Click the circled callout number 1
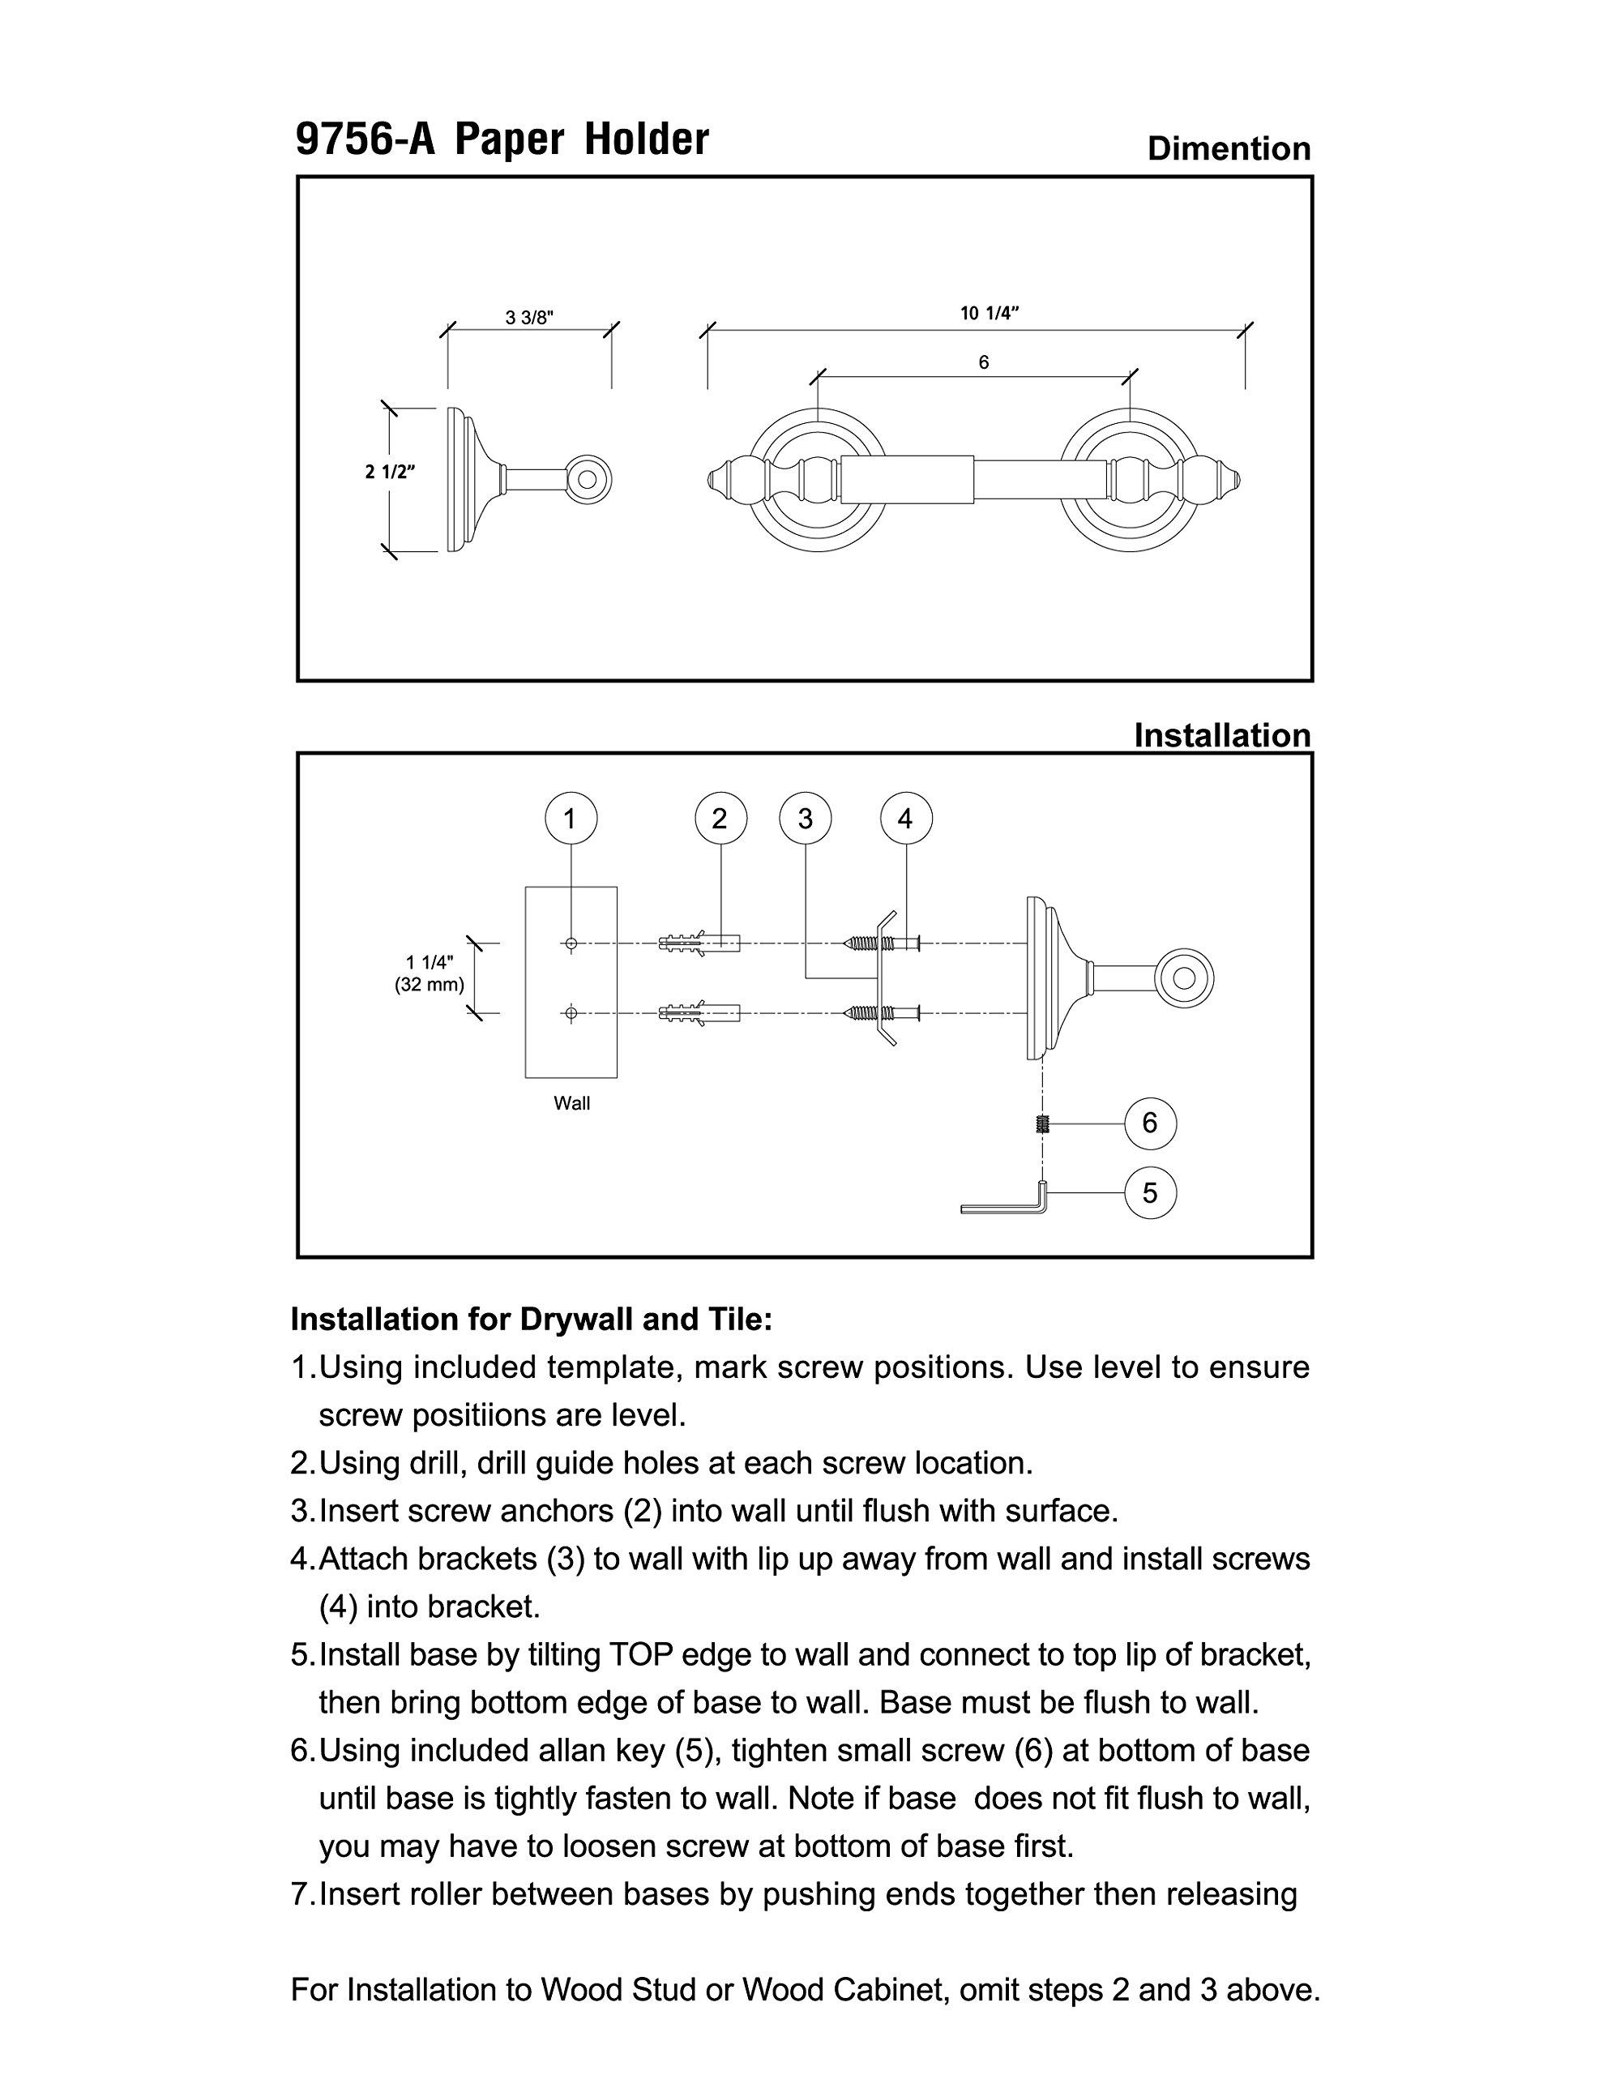[x=570, y=819]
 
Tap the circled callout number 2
[x=720, y=819]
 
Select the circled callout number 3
[x=805, y=819]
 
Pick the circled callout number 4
[x=904, y=819]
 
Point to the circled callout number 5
[x=1150, y=1192]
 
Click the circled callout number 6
[x=1150, y=1123]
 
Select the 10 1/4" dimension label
[x=990, y=314]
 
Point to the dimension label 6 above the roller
[x=984, y=362]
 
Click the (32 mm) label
[x=430, y=984]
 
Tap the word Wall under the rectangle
[x=572, y=1103]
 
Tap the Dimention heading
[x=1229, y=148]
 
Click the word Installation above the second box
[x=1222, y=734]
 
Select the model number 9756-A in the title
[x=365, y=139]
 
